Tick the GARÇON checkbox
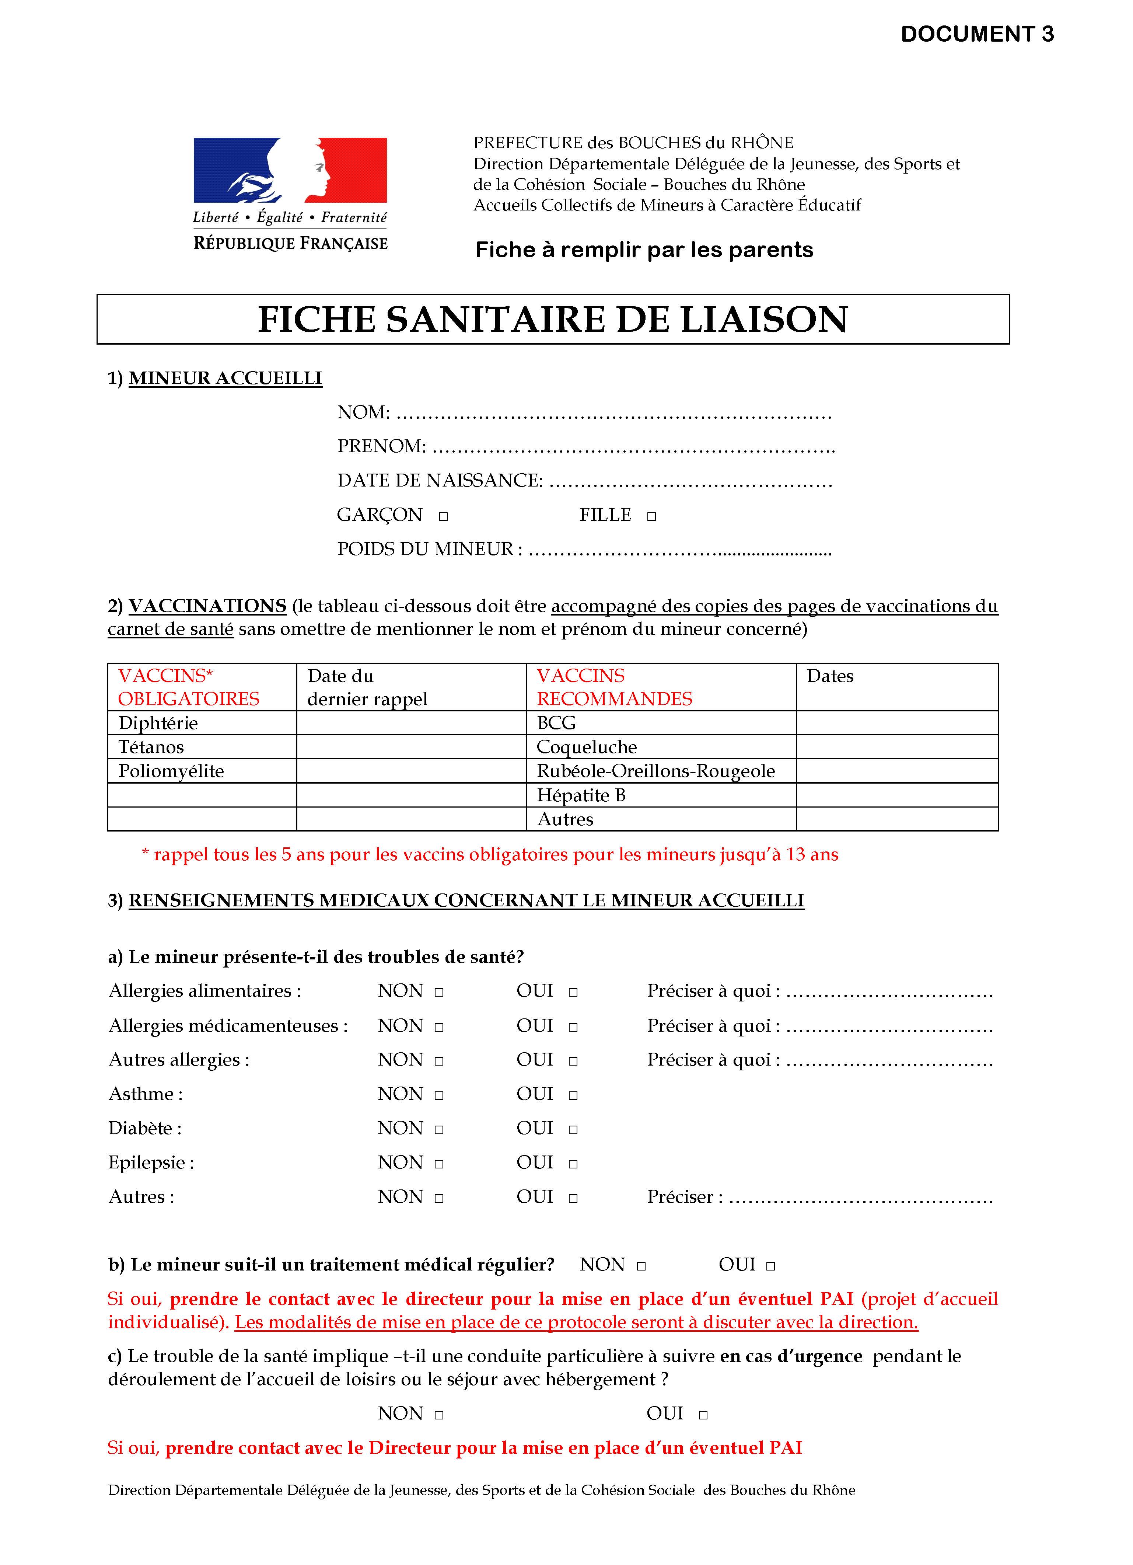click(443, 516)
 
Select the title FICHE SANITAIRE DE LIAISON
click(552, 320)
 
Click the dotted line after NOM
click(614, 415)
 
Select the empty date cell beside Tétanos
click(411, 747)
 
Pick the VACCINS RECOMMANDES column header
click(615, 687)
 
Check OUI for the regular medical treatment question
click(771, 1266)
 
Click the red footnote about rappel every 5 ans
click(490, 855)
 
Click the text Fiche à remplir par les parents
click(644, 250)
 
